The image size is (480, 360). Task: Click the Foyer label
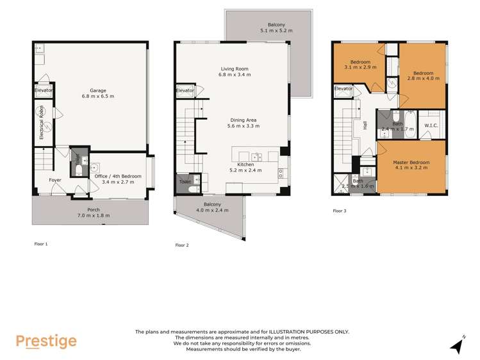tap(55, 180)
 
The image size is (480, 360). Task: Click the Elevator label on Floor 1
tap(44, 90)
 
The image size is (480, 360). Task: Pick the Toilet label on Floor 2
tap(185, 182)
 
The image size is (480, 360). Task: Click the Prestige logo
tap(46, 341)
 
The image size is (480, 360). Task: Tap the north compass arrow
tap(457, 346)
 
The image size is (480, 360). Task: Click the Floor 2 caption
tap(182, 245)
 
